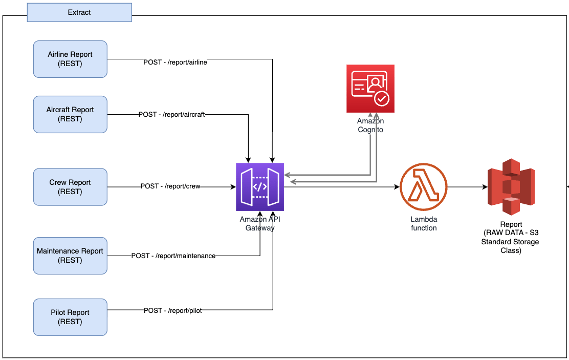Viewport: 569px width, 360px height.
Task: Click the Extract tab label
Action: coord(79,12)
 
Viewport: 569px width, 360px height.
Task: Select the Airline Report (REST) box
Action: coord(70,59)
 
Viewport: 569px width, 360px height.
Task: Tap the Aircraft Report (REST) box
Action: coord(70,114)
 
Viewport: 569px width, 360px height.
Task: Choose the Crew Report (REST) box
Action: coord(70,187)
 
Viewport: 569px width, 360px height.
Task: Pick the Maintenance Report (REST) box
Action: coord(70,256)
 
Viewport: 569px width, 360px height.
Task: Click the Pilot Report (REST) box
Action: coord(70,317)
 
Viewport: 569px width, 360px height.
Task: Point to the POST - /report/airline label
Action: coord(175,62)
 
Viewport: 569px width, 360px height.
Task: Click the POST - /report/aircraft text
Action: coord(171,115)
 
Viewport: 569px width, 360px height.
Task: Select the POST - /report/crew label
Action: coord(170,187)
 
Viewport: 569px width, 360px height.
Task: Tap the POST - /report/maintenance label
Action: coord(173,256)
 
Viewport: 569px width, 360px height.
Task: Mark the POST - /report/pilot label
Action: coord(173,310)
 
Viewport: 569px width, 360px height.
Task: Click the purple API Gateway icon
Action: coord(260,187)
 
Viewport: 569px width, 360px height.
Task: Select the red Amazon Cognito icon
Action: coord(370,89)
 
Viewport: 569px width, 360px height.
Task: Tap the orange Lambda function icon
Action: coord(424,187)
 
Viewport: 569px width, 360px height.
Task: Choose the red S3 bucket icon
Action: coord(511,187)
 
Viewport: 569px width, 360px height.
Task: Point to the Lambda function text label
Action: coord(424,223)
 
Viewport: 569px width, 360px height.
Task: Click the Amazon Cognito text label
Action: coord(370,125)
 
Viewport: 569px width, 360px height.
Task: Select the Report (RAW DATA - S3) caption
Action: coord(511,238)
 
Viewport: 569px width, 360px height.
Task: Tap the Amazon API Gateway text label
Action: coord(260,224)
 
